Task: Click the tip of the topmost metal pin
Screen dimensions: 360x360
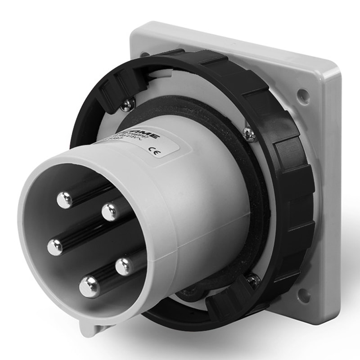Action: click(x=65, y=200)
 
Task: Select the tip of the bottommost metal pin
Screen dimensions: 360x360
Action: click(x=89, y=286)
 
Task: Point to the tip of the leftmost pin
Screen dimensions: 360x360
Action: click(x=55, y=247)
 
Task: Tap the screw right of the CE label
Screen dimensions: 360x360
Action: click(x=249, y=133)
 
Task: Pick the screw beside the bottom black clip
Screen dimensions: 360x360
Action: click(x=253, y=281)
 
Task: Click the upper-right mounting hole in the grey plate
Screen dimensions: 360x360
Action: click(x=303, y=95)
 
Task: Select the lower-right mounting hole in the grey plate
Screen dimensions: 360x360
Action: click(x=303, y=295)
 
